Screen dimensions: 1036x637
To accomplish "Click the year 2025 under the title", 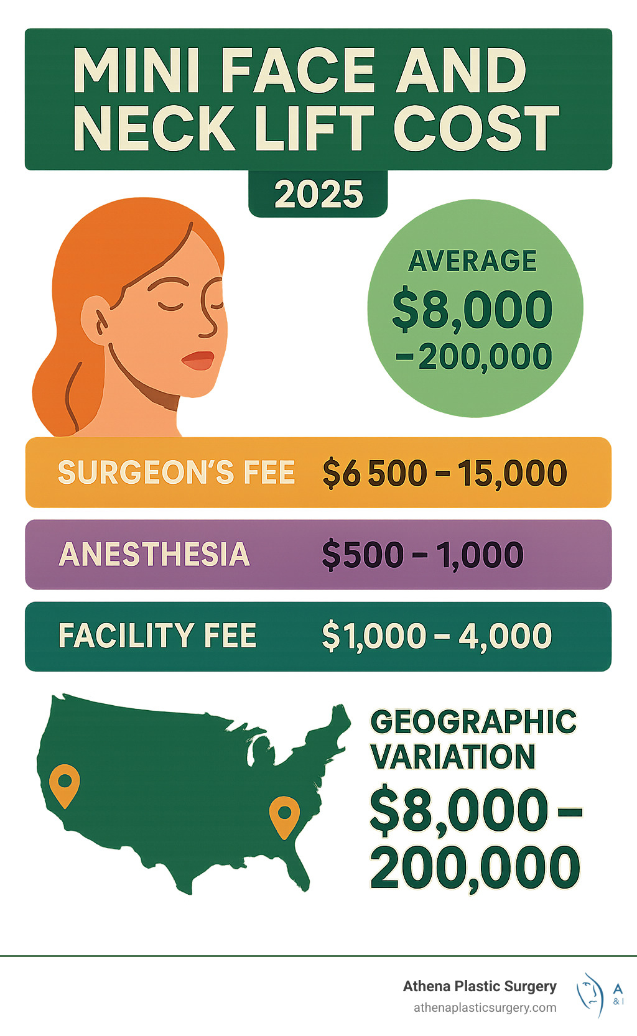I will tap(318, 195).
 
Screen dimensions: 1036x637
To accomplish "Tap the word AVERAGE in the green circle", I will tap(472, 261).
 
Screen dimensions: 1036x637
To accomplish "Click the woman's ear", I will tap(94, 318).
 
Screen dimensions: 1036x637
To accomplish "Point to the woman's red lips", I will tap(198, 360).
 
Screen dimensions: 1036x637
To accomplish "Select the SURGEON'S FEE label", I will tap(176, 473).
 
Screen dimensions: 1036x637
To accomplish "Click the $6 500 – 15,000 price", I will tap(444, 473).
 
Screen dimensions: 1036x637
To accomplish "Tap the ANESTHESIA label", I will tap(154, 554).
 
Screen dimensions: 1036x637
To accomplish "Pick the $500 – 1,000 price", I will tap(422, 555).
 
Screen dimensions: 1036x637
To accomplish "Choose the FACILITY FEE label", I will tap(157, 636).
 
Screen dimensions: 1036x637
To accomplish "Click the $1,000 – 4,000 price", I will tap(436, 636).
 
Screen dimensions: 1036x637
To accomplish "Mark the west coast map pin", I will tap(65, 784).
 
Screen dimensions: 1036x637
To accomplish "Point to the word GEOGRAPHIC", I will tap(473, 722).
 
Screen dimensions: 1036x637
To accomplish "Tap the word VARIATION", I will tap(453, 757).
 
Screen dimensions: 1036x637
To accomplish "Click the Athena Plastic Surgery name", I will tap(480, 986).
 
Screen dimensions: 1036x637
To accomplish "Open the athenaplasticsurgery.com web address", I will tap(485, 1007).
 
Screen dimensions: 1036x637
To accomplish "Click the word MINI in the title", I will tap(136, 70).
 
